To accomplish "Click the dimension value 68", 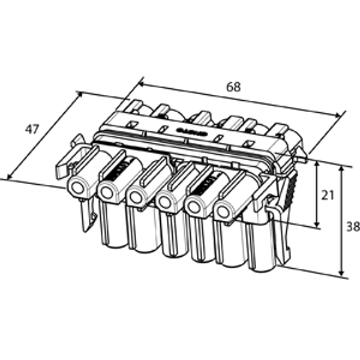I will (x=233, y=86).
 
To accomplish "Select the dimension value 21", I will (x=327, y=194).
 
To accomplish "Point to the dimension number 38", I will (x=353, y=227).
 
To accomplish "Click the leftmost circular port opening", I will (x=77, y=188).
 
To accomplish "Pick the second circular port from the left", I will (x=107, y=192).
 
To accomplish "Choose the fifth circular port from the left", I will (x=194, y=206).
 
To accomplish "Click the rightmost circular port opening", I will (x=223, y=211).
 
